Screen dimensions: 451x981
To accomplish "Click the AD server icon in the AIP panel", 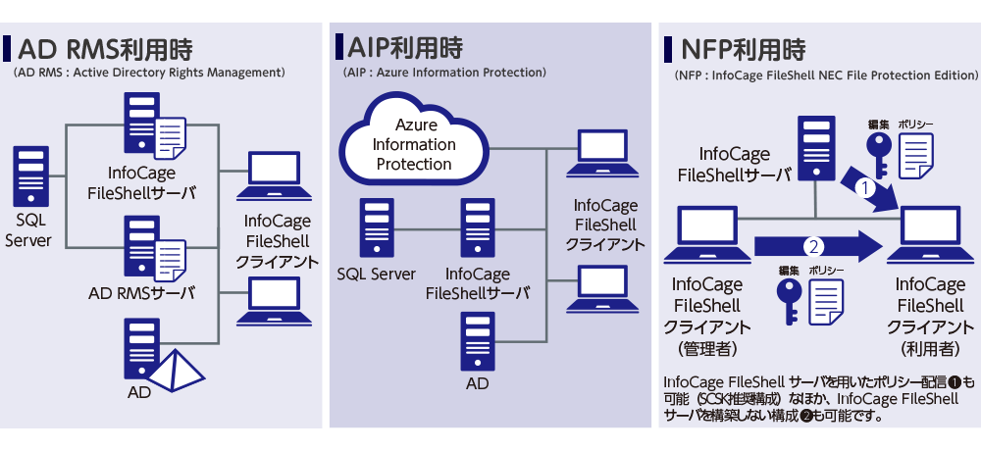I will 477,339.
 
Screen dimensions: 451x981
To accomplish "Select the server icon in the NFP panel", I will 815,147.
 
